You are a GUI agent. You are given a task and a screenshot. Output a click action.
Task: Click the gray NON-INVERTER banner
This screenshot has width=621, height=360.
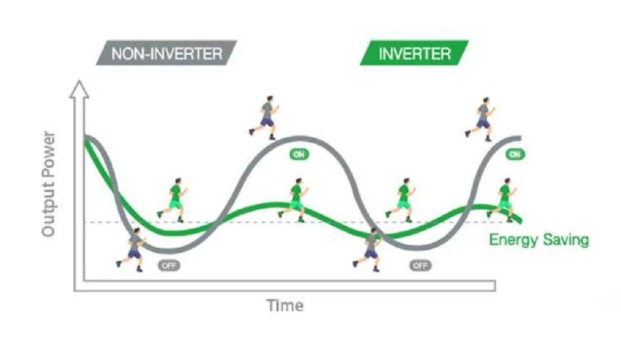[167, 52]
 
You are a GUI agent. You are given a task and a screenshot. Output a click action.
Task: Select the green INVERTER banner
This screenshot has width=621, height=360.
[414, 52]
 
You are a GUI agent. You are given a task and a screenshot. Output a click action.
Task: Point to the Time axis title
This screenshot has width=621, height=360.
[285, 305]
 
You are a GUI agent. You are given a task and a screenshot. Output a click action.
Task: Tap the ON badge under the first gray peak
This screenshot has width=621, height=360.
[299, 154]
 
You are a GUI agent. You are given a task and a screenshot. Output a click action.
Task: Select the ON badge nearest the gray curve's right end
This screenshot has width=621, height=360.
[515, 154]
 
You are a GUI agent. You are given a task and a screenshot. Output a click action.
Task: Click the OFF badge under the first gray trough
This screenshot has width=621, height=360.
[169, 265]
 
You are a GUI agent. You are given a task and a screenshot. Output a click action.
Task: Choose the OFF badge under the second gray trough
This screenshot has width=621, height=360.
[420, 265]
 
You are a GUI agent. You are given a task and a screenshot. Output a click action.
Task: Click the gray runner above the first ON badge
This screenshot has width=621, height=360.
[265, 117]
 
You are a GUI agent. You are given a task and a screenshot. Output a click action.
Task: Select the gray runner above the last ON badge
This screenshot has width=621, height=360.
[480, 119]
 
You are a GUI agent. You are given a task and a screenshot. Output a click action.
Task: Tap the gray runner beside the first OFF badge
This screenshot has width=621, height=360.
[132, 249]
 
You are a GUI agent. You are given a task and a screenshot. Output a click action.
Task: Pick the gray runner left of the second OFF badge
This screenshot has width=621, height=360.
[368, 249]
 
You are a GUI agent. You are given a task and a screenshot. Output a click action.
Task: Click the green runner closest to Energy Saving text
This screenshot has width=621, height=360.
[502, 200]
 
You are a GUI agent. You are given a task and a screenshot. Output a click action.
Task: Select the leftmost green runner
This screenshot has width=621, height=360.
[173, 200]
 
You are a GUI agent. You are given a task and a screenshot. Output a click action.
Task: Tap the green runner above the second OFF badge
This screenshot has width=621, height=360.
[401, 200]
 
